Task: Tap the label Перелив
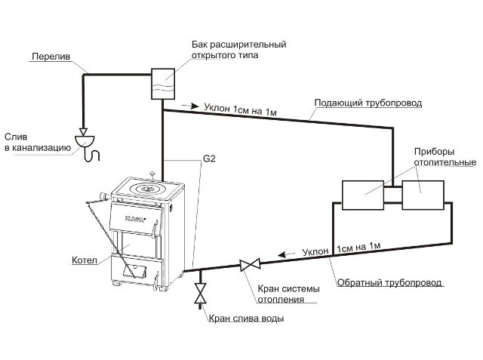[51, 57]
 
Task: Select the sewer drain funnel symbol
[85, 141]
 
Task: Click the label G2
[209, 158]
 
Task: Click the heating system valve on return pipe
[250, 264]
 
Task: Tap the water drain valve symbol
[200, 293]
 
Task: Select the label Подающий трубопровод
[368, 103]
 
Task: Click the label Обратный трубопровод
[389, 282]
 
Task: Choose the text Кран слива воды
[247, 318]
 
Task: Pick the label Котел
[85, 260]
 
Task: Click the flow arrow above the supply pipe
[190, 106]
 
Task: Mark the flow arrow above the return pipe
[286, 254]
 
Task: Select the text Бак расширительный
[239, 45]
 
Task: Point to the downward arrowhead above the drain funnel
[83, 132]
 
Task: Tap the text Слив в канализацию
[38, 142]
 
